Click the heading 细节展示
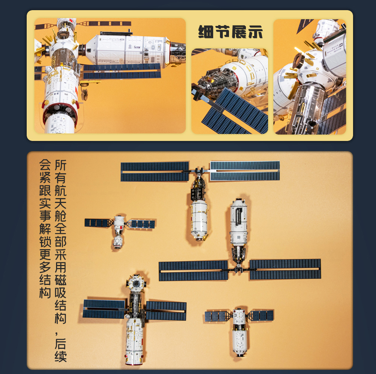[x=230, y=32]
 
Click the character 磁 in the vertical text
[x=61, y=280]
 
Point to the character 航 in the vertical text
[x=61, y=191]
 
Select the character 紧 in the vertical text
[x=45, y=178]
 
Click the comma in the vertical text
[x=57, y=333]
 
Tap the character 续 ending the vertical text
[x=61, y=356]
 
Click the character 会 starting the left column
[x=45, y=165]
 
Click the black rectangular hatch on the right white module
[x=238, y=217]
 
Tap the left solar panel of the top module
[x=155, y=171]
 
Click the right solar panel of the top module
[x=245, y=171]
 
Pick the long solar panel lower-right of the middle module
[x=285, y=270]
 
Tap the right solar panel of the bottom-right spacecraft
[x=262, y=315]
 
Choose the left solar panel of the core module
[x=104, y=309]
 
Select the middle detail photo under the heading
[x=229, y=91]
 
